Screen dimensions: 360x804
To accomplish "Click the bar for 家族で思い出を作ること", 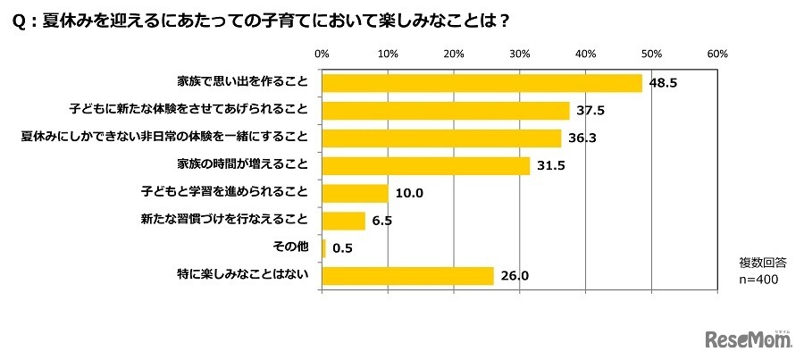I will tap(482, 82).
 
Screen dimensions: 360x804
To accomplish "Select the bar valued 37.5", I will tap(445, 110).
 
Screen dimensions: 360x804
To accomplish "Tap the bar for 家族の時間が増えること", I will tap(425, 165).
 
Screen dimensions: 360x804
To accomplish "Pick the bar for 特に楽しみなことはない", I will tap(407, 275).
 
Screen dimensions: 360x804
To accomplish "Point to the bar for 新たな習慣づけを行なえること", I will tap(343, 221).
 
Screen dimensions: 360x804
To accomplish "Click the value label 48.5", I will tap(662, 83).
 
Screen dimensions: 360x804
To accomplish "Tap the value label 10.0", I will tap(411, 193).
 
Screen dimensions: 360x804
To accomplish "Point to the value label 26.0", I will tap(515, 276).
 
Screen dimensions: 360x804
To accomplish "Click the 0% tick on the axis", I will tap(322, 54).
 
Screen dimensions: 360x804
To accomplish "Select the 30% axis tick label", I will tap(520, 54).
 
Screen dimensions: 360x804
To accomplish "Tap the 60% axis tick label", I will tap(718, 54).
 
